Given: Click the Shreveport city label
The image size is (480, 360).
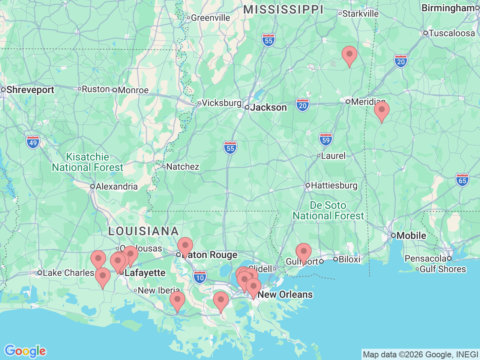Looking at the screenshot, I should (30, 90).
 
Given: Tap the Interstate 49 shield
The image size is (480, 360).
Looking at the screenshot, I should (33, 142).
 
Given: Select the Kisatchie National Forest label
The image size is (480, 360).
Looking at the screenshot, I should (87, 162).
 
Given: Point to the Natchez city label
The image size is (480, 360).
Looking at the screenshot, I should (182, 166).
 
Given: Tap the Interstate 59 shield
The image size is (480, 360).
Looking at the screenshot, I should (326, 140).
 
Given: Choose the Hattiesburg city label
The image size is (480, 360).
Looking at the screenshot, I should (334, 185).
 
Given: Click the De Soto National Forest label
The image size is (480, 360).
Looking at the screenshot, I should (328, 210).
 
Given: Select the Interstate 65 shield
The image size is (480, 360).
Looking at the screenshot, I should (462, 180).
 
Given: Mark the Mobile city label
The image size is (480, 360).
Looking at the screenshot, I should (411, 235).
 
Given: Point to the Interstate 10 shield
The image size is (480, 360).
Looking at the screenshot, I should (200, 277).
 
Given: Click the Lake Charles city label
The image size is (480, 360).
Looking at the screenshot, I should (68, 273).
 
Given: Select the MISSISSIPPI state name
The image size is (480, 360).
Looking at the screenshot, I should (283, 10).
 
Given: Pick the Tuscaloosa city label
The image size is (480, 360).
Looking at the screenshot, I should (451, 33).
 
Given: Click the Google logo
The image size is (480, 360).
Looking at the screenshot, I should (25, 351).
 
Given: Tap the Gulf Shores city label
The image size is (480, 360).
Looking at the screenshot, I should (442, 269).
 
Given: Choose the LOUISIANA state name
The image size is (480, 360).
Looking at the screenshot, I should (143, 231).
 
